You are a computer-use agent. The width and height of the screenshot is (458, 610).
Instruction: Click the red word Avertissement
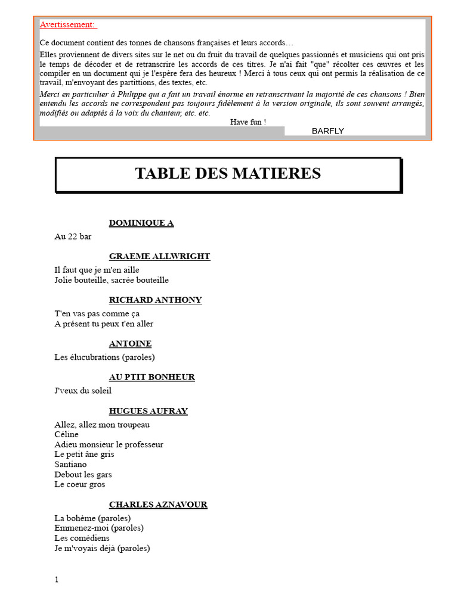coord(67,24)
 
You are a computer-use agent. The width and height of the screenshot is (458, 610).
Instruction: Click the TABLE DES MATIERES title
coord(228,173)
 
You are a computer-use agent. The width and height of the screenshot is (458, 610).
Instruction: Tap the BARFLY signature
coord(327,131)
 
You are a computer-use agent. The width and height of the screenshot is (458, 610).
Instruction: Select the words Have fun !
coord(248,122)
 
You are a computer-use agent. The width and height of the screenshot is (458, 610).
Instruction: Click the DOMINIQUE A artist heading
coord(141,223)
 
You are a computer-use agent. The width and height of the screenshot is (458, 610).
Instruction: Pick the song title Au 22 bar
coord(73,236)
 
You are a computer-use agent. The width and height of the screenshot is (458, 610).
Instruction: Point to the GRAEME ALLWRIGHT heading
coord(159,256)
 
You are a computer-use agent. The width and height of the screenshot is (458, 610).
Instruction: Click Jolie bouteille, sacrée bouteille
coord(112,280)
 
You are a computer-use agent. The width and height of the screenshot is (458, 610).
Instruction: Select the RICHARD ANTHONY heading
coord(155,300)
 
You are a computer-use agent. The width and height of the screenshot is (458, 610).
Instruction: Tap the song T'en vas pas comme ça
coord(97,314)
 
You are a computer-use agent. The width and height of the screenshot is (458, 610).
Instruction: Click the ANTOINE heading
coord(130,344)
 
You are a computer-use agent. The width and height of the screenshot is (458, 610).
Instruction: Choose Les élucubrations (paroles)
coord(104,357)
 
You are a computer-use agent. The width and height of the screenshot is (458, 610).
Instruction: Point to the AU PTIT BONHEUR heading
coord(151,377)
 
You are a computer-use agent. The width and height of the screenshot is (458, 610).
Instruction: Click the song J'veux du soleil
coord(83,391)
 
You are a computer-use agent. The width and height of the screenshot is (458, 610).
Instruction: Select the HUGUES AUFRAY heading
coord(148,411)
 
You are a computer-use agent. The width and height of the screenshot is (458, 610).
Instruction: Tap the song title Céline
coord(66,434)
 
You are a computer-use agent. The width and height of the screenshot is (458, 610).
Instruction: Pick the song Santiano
coord(70,464)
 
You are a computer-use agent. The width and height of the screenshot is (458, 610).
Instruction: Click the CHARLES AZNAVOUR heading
coord(158,505)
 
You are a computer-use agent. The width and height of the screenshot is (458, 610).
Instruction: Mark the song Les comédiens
coord(82,538)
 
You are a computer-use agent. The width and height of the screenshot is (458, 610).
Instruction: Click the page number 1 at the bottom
coord(57,580)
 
